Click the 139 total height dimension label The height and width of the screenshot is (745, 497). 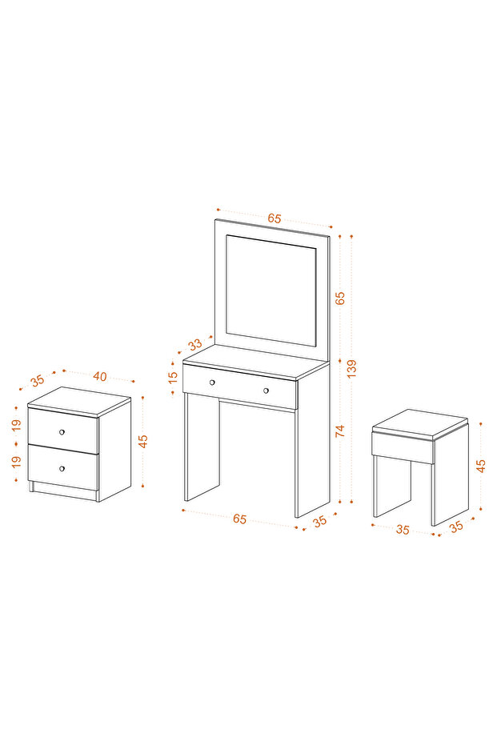351,369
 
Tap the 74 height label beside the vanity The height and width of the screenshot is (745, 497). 339,431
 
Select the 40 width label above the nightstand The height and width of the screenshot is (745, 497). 100,376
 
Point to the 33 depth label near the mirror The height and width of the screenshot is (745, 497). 195,344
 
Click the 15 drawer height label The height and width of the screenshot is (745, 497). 173,377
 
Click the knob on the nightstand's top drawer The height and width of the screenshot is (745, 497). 62,432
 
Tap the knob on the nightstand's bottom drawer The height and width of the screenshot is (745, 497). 62,468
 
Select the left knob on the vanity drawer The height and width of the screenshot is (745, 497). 212,383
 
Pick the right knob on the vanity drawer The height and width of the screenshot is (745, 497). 266,391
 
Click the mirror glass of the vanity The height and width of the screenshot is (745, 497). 271,290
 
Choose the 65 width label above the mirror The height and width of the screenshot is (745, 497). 275,218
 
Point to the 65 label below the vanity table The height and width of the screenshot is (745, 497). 240,519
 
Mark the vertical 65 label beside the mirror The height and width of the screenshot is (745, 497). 339,298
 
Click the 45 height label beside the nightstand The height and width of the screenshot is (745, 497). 142,441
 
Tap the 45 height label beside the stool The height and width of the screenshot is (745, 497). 481,465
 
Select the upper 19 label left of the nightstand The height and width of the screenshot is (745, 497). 17,425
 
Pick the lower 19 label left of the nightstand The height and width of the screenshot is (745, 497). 17,462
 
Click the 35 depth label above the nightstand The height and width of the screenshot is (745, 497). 37,380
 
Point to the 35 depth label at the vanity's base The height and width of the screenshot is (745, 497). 320,521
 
